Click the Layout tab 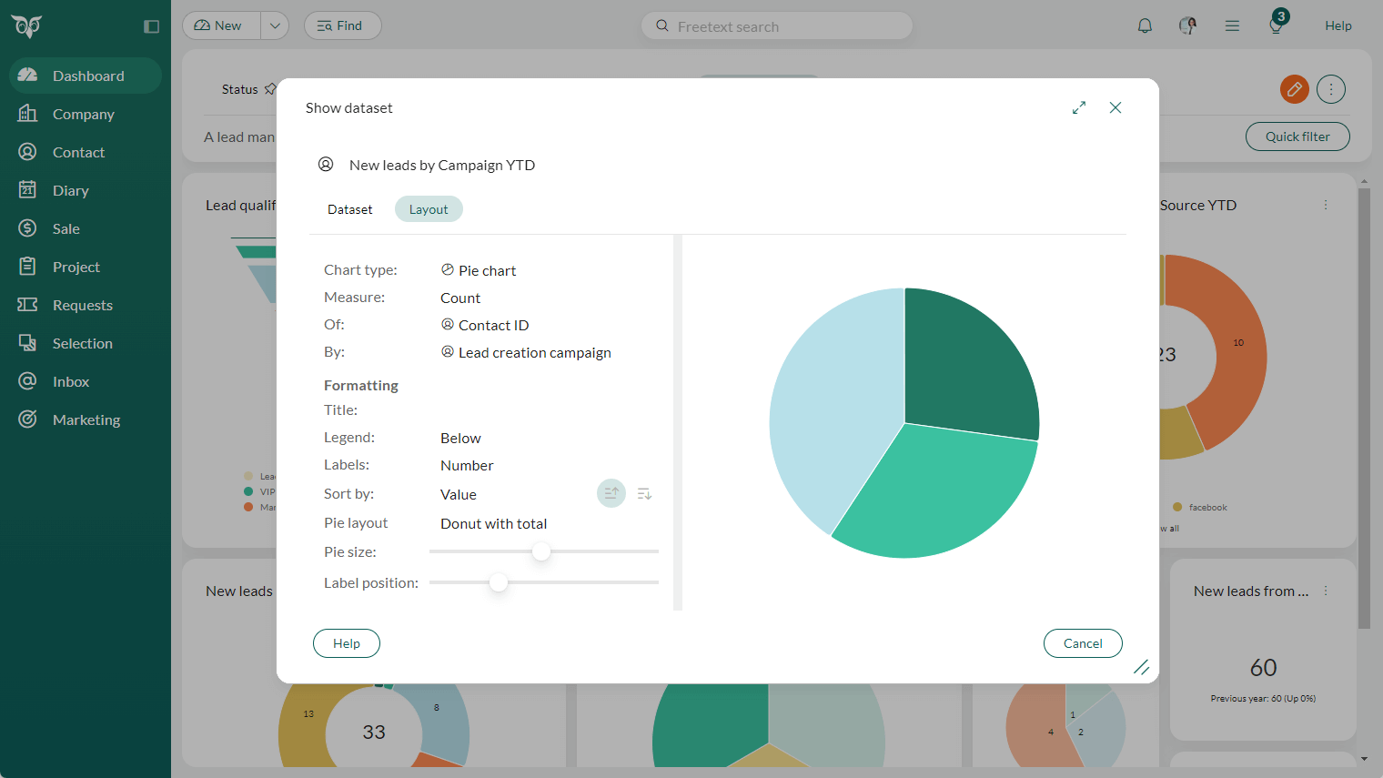pos(429,209)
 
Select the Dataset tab pos(349,209)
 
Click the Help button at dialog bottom pos(346,643)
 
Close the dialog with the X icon pos(1115,107)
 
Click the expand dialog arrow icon pos(1079,107)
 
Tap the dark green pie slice pos(964,364)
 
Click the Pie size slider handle pos(541,551)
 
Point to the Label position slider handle pos(499,582)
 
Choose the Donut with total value pos(493,524)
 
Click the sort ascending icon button pos(611,493)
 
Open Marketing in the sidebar pos(86,419)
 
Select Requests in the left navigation pos(82,305)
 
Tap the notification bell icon pos(1145,26)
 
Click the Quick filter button pos(1297,136)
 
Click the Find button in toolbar pos(342,25)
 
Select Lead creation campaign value pos(534,353)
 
